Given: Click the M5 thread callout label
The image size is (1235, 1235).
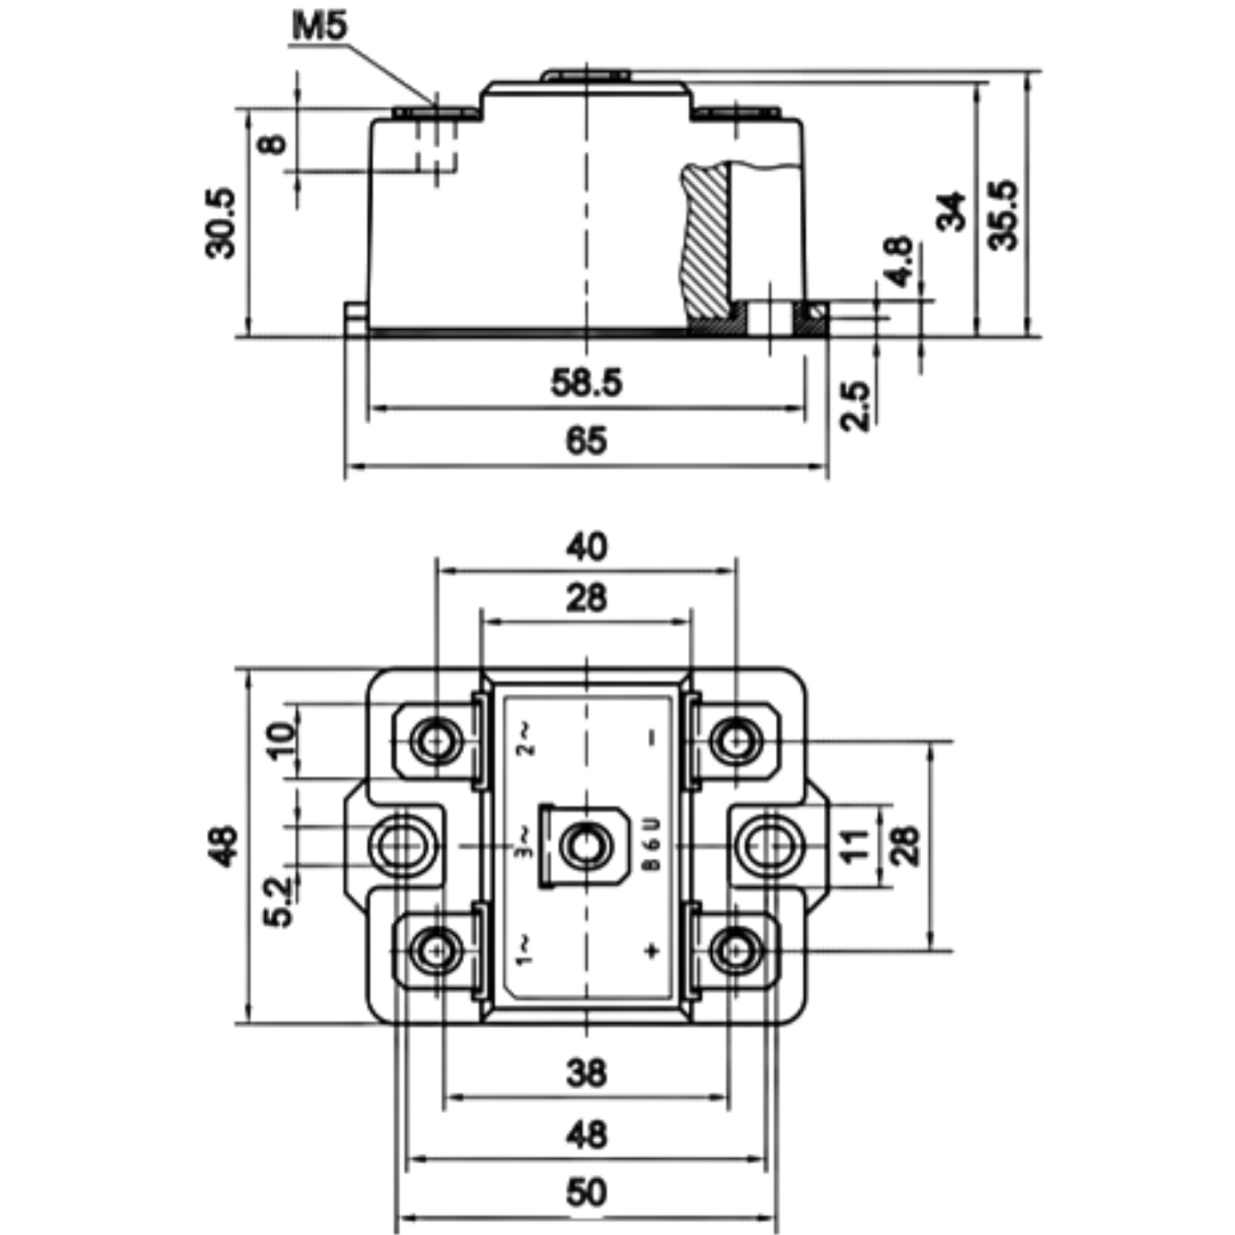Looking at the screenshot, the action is pyautogui.click(x=320, y=26).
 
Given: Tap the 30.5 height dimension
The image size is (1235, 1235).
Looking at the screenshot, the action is pyautogui.click(x=221, y=223).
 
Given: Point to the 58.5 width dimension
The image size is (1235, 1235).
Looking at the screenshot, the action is pyautogui.click(x=586, y=383).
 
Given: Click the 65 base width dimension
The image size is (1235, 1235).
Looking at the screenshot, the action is pyautogui.click(x=586, y=441).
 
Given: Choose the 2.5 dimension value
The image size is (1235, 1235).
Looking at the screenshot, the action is pyautogui.click(x=856, y=406).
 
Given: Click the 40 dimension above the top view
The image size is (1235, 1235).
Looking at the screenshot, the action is pyautogui.click(x=586, y=548).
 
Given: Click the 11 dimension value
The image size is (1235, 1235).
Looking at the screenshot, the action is pyautogui.click(x=855, y=846).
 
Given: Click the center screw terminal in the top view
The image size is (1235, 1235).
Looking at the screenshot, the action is pyautogui.click(x=584, y=845).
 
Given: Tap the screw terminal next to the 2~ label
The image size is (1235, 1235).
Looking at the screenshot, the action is pyautogui.click(x=438, y=742).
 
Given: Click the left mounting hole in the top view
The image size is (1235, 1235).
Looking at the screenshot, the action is pyautogui.click(x=402, y=846).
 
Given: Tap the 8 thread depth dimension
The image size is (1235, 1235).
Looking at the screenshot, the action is pyautogui.click(x=273, y=144).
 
